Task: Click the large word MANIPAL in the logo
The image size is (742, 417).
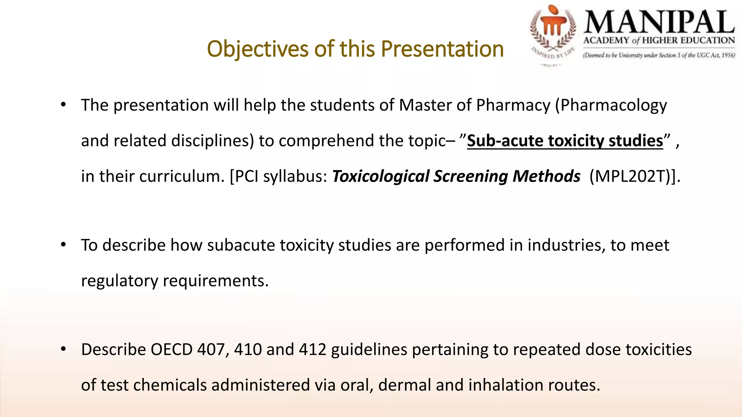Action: [659, 22]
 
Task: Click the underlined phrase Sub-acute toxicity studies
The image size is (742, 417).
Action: [565, 141]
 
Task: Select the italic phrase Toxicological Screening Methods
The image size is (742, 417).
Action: [456, 176]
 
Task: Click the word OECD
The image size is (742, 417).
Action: [171, 350]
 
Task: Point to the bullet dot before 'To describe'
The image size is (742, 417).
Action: [63, 245]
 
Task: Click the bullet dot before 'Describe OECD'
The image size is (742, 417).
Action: [63, 349]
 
